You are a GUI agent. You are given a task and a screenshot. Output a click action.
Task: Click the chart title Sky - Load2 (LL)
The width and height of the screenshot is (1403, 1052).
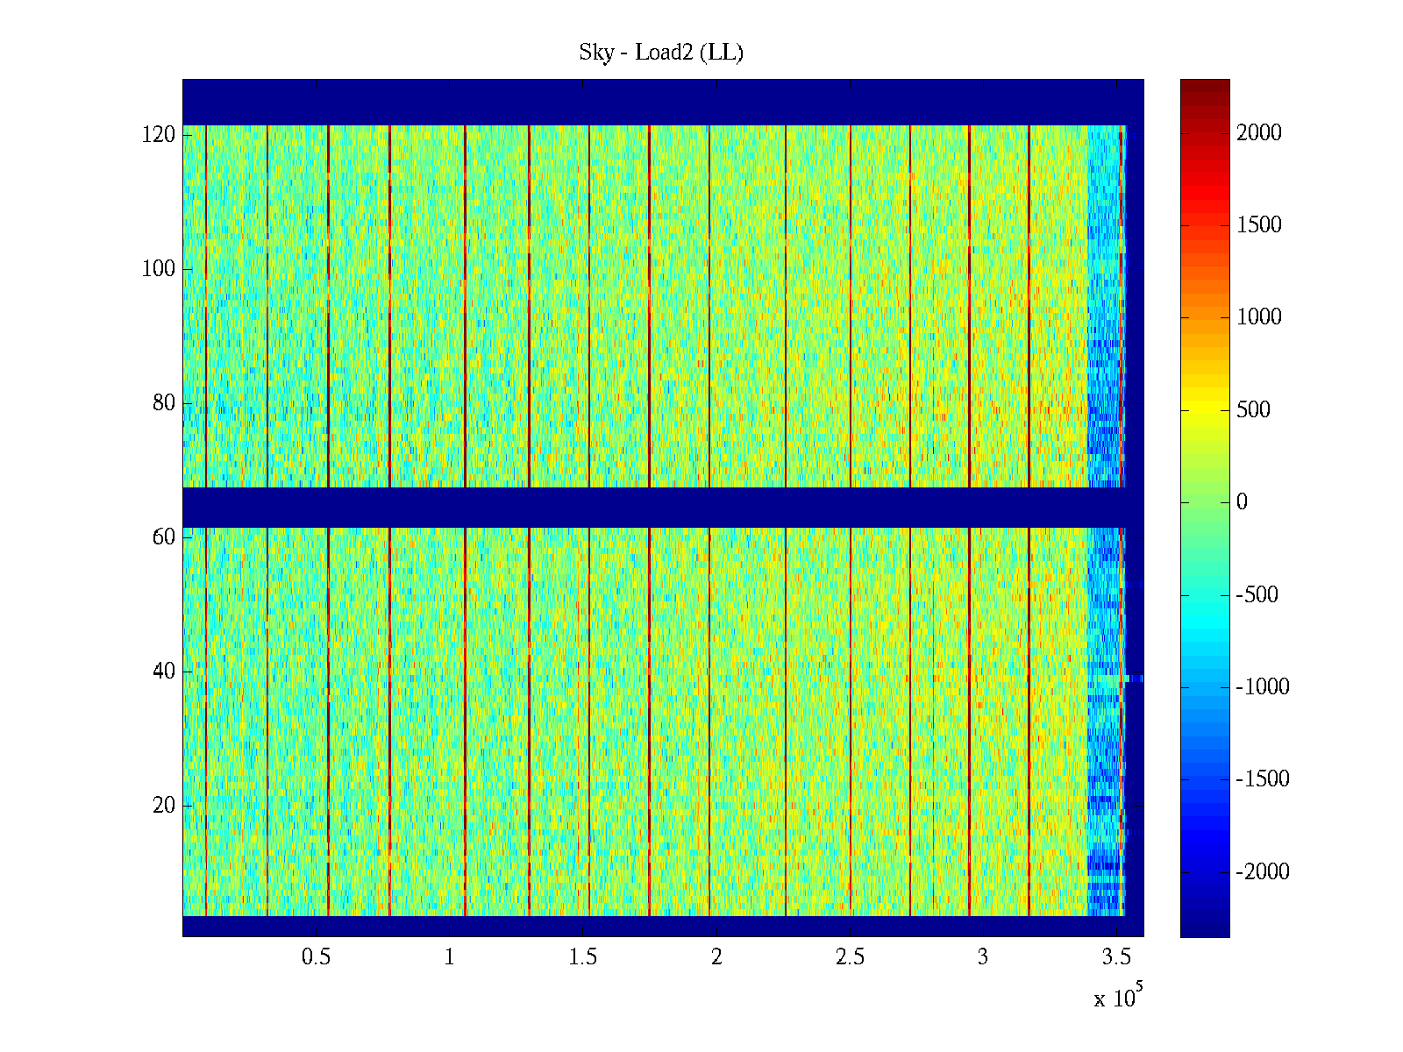661,53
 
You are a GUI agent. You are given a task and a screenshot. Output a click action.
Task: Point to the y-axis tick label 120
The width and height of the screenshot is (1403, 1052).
159,135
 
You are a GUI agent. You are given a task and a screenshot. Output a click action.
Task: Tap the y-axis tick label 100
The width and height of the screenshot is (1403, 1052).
159,269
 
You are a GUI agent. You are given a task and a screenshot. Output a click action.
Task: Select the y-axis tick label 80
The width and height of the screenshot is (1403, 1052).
164,403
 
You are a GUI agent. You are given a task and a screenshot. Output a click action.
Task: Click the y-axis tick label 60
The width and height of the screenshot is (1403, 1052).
164,537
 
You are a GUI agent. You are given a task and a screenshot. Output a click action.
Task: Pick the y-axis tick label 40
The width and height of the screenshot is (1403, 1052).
164,672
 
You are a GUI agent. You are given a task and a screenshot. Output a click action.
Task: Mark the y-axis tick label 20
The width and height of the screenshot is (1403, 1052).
164,806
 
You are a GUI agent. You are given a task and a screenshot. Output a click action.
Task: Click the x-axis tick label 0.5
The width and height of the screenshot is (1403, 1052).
317,957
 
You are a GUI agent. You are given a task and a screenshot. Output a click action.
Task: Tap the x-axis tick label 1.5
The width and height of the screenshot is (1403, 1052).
583,957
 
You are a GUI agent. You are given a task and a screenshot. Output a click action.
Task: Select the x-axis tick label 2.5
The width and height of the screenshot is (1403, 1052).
850,957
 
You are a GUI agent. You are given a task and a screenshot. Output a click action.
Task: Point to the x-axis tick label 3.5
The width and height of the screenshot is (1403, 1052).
1116,957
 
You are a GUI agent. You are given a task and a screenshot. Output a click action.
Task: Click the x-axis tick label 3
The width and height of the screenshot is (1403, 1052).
983,957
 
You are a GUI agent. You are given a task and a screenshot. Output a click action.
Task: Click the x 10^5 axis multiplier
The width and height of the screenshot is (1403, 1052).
1117,997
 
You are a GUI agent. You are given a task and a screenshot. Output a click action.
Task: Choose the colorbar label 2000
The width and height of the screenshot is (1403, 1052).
1259,133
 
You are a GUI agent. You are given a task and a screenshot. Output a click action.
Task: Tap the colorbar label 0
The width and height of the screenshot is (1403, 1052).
1242,502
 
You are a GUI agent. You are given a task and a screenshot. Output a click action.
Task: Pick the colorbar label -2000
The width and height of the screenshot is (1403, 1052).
1263,872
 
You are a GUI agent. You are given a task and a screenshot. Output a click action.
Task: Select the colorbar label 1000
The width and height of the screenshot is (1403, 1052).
1259,317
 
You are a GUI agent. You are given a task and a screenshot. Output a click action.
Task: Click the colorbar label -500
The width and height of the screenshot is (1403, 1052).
1257,595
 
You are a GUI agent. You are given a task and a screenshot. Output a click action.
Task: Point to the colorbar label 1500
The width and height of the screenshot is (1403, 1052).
1259,225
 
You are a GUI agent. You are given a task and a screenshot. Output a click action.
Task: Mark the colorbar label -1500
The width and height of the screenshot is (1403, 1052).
1263,779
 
